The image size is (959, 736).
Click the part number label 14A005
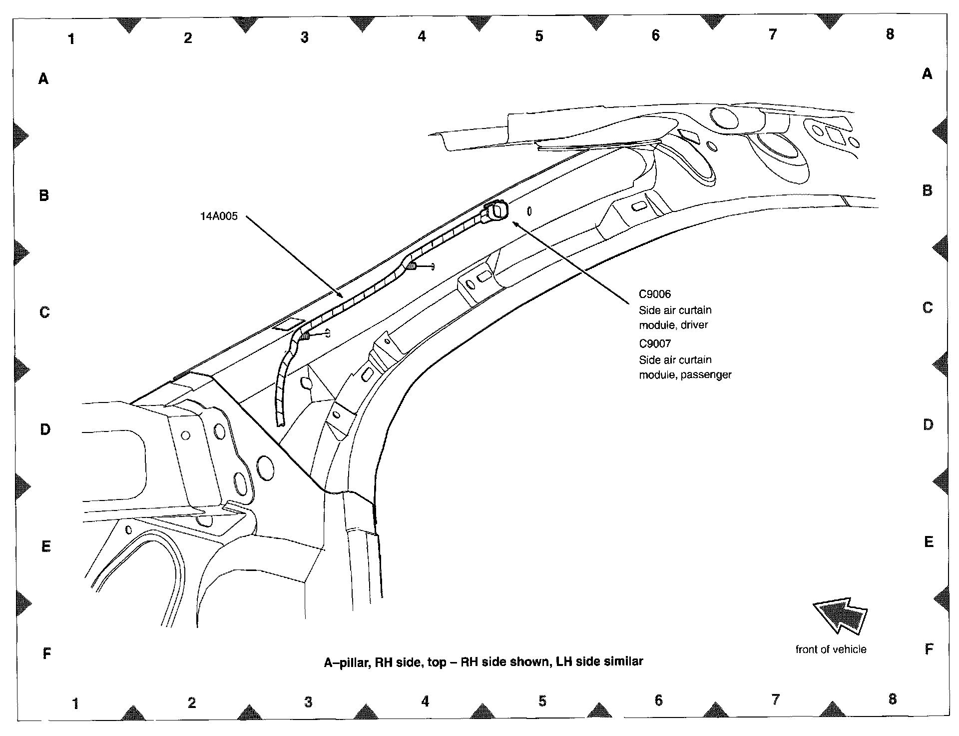(219, 216)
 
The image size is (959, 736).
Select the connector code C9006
(655, 294)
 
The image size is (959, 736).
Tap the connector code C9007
(655, 343)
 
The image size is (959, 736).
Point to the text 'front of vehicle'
(831, 649)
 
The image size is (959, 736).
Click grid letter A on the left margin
(43, 78)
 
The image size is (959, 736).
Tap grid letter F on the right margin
(929, 649)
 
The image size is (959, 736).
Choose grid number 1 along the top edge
(71, 38)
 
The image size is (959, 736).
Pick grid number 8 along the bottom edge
(893, 698)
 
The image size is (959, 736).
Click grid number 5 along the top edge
(539, 36)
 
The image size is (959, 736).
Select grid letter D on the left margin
(45, 429)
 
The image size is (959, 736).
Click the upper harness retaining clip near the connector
(413, 266)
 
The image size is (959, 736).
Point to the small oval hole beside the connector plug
(529, 211)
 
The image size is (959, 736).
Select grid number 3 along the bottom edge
(308, 702)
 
